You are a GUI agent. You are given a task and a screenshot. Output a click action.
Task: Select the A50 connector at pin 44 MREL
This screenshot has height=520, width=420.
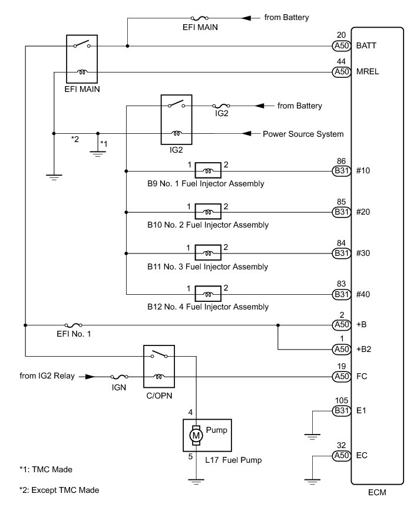(341, 71)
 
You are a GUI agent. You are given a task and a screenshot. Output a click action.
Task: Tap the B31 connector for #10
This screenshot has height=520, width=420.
(341, 171)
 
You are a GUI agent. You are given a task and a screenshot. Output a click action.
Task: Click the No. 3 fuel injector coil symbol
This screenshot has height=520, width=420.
(208, 254)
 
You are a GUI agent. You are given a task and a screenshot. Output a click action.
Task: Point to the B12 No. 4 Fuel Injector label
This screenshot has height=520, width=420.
(208, 307)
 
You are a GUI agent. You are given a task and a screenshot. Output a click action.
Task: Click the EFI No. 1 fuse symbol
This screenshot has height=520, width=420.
(74, 324)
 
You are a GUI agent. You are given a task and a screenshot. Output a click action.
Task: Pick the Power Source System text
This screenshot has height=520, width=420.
(303, 134)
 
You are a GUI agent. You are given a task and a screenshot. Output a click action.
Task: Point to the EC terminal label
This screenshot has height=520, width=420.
(363, 456)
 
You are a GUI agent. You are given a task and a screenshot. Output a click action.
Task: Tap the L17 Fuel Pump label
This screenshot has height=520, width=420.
(233, 459)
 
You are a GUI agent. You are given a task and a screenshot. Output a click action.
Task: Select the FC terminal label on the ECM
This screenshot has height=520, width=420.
(363, 376)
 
